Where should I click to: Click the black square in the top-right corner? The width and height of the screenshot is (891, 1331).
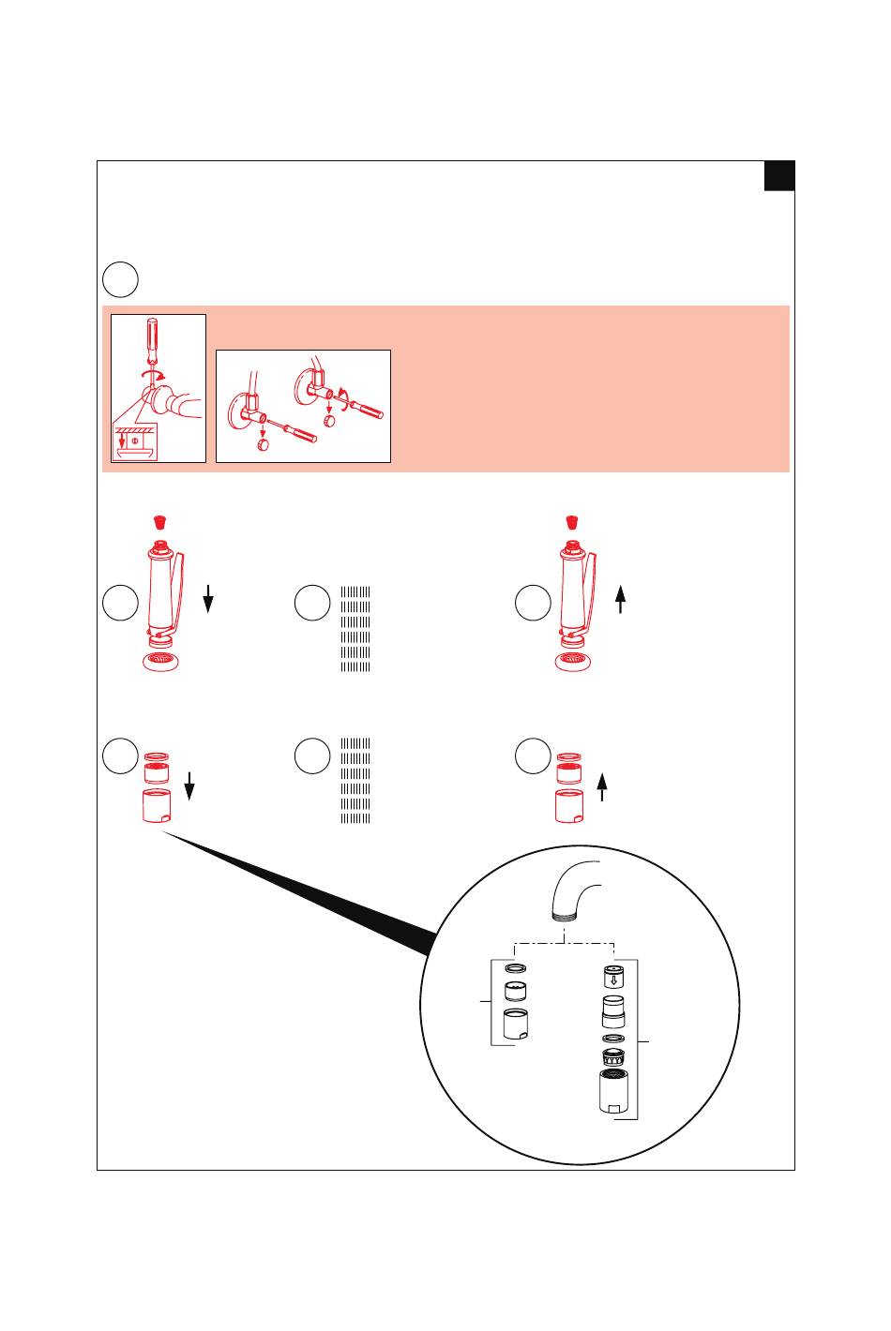point(778,176)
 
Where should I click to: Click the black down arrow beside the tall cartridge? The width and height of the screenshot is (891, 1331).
point(209,597)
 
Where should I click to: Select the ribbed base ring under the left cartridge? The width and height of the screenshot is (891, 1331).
point(161,662)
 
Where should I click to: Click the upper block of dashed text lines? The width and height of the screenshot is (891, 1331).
point(356,630)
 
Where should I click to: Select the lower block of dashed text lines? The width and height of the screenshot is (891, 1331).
point(356,781)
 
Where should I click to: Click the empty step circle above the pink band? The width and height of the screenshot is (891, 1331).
point(120,279)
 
